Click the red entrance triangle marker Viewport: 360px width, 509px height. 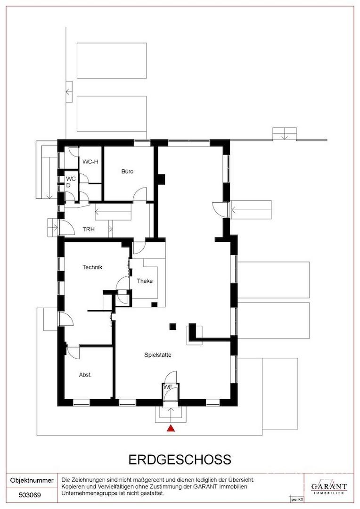[171, 428]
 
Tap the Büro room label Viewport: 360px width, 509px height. [127, 172]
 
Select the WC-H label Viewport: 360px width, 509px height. [90, 162]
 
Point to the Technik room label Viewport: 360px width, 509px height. [92, 267]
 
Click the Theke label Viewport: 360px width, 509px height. [145, 281]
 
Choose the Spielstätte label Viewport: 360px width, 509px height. [158, 355]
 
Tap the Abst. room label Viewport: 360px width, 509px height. [85, 375]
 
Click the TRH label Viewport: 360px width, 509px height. [89, 229]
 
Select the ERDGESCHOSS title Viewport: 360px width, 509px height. [180, 460]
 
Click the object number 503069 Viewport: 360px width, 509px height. [30, 495]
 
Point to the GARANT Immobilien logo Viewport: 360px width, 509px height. [329, 487]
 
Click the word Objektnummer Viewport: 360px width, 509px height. [32, 480]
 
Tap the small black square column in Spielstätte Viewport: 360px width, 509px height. [172, 327]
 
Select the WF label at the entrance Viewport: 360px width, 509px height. [168, 386]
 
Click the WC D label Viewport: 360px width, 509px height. [71, 182]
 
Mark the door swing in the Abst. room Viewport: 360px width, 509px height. [74, 352]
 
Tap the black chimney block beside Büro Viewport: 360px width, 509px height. [161, 179]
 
